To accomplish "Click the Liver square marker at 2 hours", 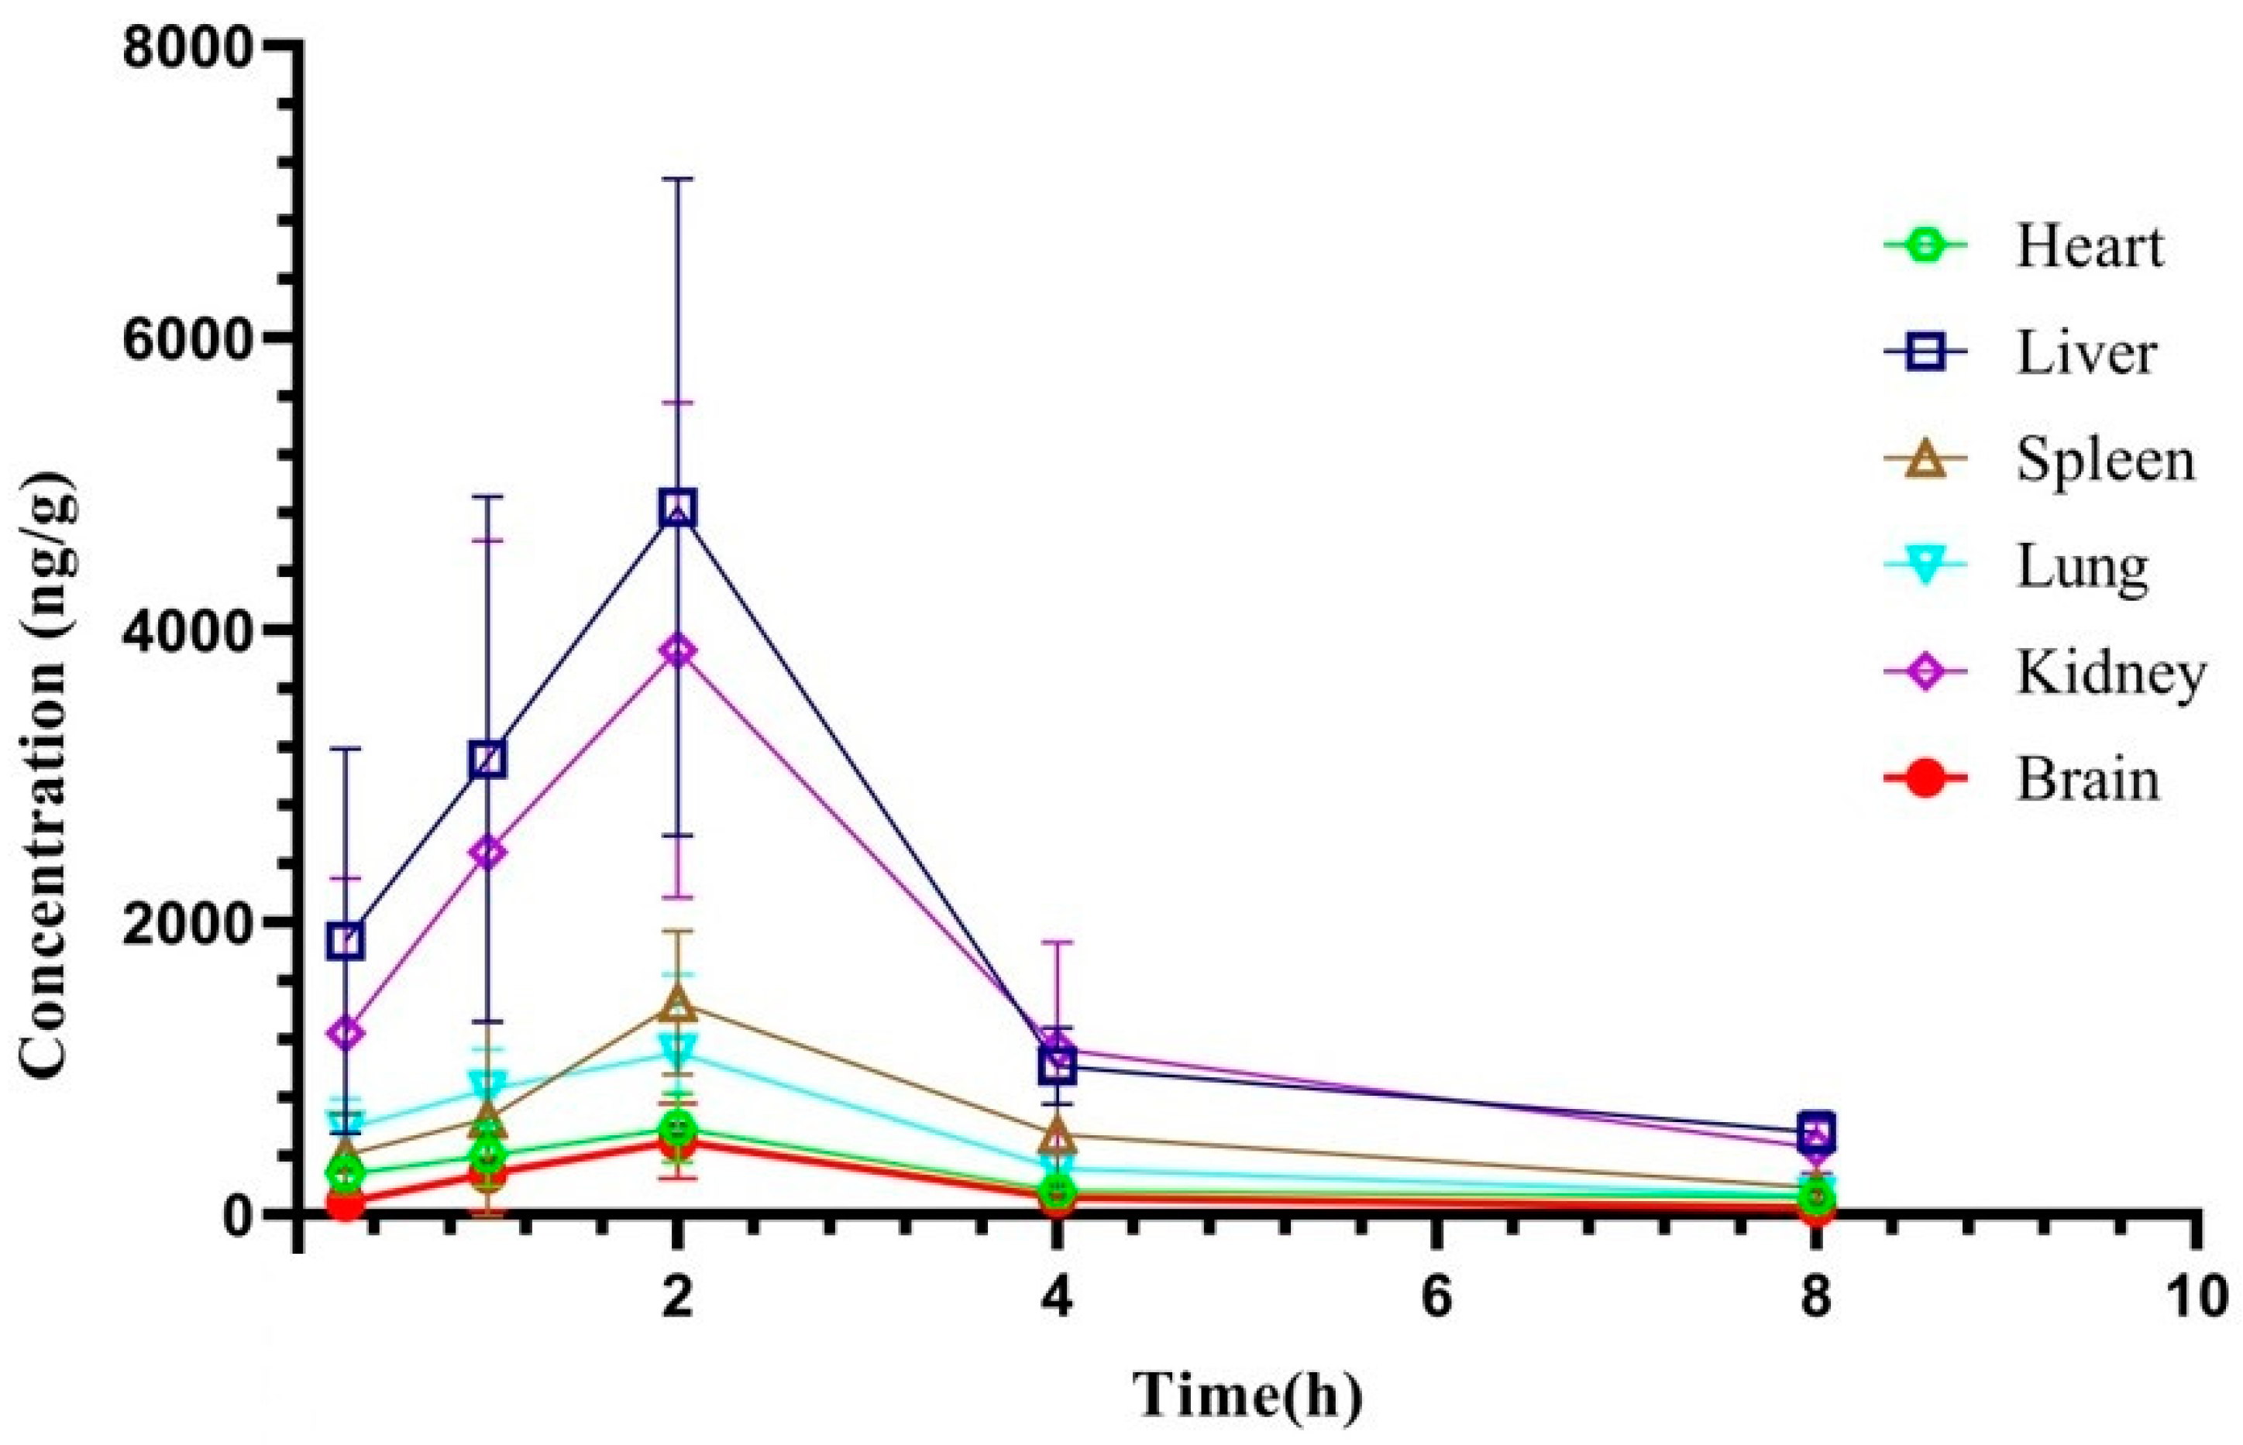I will point(678,508).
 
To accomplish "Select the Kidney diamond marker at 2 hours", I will point(678,651).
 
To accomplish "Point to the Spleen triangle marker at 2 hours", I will point(678,1006).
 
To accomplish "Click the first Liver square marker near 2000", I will point(346,940).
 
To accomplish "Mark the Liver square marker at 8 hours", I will point(1816,1130).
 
